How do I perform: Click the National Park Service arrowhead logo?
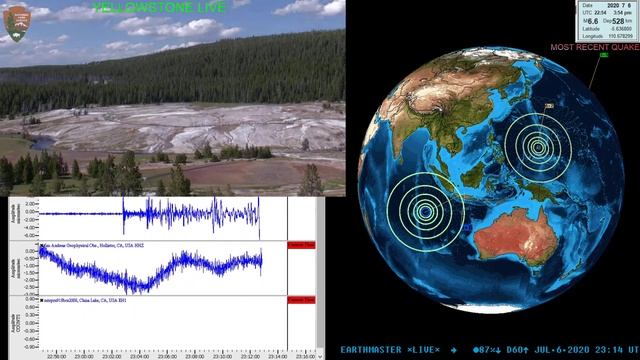pos(16,23)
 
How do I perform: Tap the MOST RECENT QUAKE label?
pos(594,46)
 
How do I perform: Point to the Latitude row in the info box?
pos(606,28)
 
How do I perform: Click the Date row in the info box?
pos(606,4)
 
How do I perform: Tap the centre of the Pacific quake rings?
pos(539,148)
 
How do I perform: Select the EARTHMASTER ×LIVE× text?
pos(389,349)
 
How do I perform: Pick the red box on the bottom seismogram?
pos(301,299)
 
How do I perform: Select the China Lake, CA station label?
pos(90,299)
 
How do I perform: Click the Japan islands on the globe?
pos(548,106)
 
